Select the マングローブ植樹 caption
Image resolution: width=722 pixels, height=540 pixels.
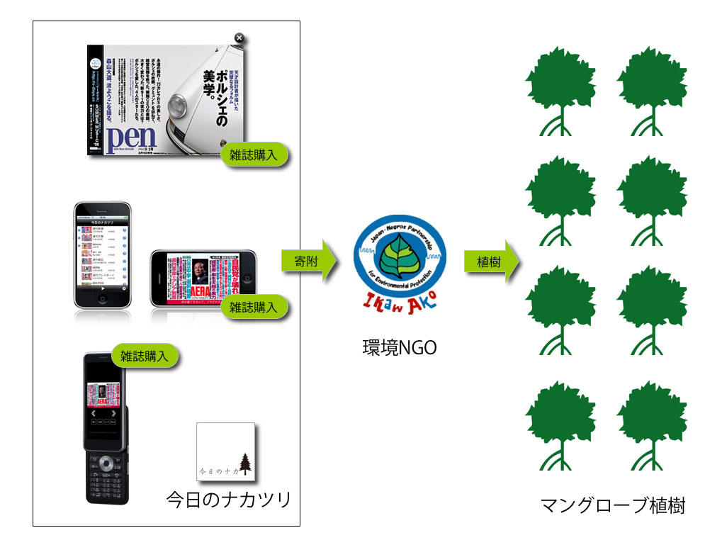coord(612,506)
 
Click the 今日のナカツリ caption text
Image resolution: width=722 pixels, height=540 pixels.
coord(228,500)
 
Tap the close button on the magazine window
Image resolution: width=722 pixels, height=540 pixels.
coord(239,38)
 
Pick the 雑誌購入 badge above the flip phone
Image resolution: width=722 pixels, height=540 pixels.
coord(145,356)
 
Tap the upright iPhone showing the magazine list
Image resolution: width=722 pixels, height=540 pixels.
coord(103,255)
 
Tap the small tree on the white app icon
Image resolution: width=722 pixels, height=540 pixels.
coord(245,464)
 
